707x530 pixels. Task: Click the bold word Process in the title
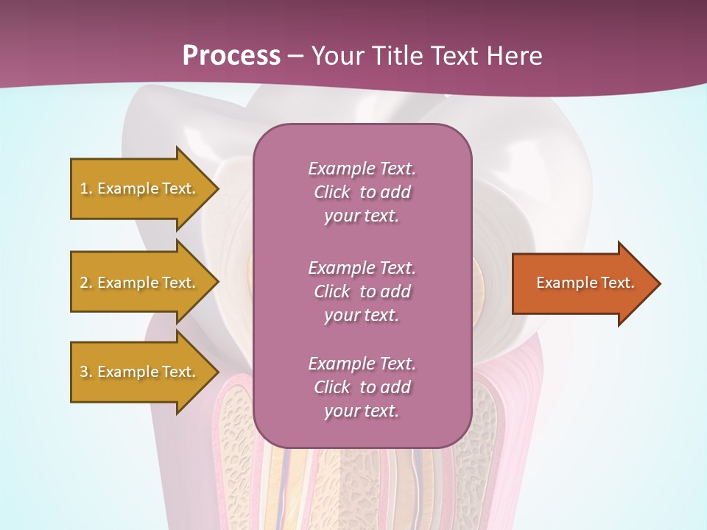231,56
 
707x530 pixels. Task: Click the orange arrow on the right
582,283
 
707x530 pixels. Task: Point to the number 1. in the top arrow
86,188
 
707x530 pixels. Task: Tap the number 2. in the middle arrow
86,283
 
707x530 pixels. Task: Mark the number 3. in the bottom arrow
86,372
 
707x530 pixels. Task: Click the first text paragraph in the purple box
362,192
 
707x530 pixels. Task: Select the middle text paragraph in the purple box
362,291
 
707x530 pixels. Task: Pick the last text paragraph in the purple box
362,387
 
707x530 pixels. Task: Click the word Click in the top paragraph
332,192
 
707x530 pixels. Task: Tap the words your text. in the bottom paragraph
362,411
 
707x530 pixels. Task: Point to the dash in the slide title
295,56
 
